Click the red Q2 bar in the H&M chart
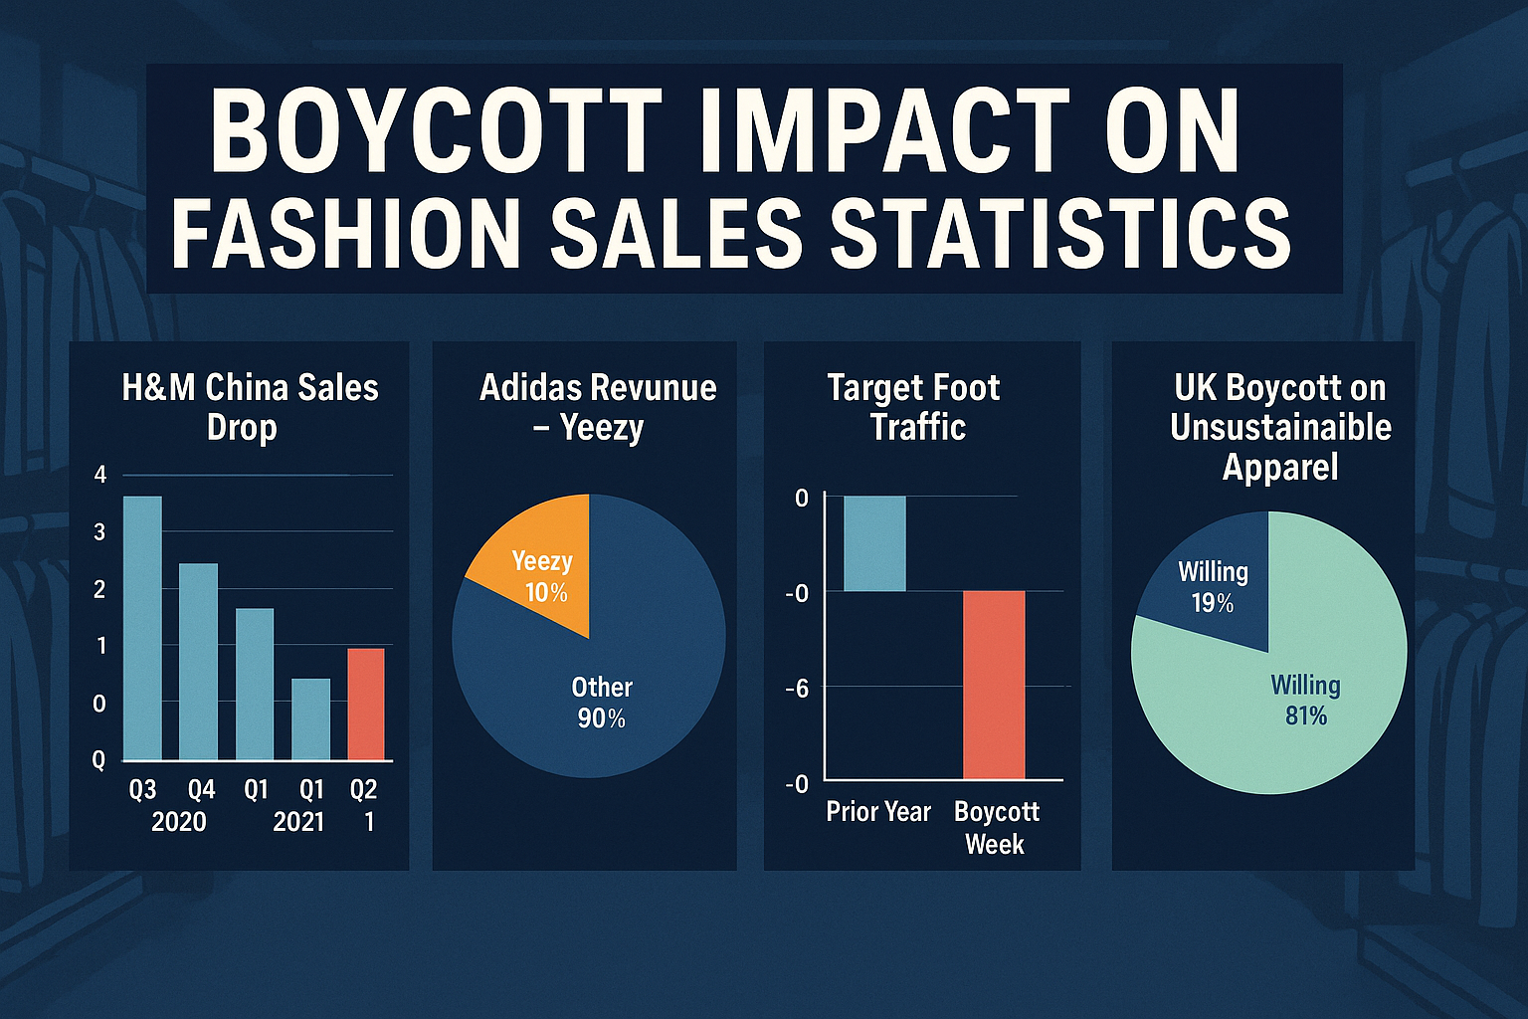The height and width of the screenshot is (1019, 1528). coord(365,705)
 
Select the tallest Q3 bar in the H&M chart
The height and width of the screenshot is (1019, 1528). coord(142,628)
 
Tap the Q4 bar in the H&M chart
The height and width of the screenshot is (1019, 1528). coord(198,662)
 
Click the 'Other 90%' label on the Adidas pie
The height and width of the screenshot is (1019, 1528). coord(601,703)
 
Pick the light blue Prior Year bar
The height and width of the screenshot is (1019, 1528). coord(874,543)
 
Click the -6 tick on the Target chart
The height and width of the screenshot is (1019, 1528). coord(797,688)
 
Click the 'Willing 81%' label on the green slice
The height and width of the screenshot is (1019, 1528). coord(1305,701)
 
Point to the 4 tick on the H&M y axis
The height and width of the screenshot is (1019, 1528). coord(99,475)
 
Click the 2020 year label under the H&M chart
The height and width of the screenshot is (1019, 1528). coord(179,822)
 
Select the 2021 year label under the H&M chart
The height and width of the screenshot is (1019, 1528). coord(298,822)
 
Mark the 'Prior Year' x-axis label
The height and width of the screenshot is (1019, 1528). coord(878,812)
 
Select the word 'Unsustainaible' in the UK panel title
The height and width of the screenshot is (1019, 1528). coord(1280,427)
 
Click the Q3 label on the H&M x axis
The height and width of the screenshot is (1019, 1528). coord(143,790)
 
